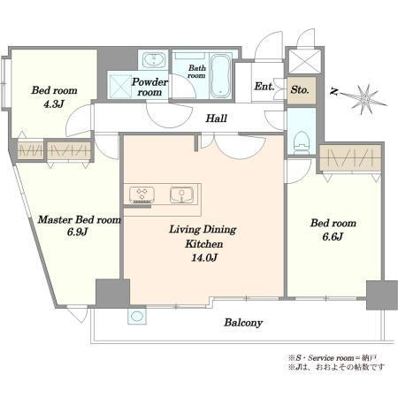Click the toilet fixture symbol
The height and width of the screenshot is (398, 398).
[x=302, y=142]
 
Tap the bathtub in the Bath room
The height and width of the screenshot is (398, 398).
[x=220, y=75]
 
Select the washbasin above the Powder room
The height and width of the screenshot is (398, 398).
[x=153, y=60]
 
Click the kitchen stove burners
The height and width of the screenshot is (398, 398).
[x=142, y=195]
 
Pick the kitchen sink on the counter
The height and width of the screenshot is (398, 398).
[x=181, y=195]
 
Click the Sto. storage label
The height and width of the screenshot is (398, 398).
[x=300, y=89]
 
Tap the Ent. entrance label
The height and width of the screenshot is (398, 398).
[x=264, y=87]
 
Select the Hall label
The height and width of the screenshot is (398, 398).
[x=216, y=119]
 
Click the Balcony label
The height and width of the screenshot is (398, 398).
[x=243, y=323]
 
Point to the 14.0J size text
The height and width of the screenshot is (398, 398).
[x=204, y=258]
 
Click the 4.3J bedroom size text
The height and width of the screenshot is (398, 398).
[x=54, y=104]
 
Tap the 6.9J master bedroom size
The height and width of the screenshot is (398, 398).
[x=77, y=233]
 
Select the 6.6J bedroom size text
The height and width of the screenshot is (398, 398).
[x=333, y=237]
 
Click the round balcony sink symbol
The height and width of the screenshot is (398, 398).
[x=137, y=317]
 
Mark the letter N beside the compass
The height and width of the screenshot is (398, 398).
[x=333, y=92]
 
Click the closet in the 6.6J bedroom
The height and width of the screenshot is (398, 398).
[x=350, y=158]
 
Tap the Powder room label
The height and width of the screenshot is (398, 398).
[x=149, y=87]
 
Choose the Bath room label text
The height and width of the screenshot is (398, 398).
[x=196, y=72]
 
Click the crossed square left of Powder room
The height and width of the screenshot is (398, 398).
[x=119, y=86]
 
